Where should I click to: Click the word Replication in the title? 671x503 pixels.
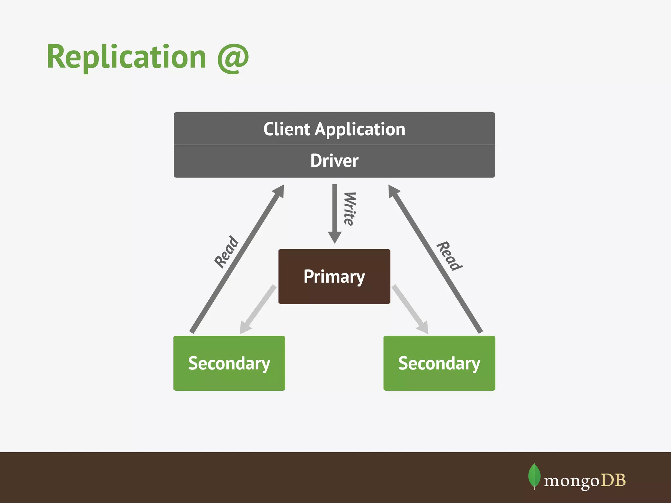(126, 57)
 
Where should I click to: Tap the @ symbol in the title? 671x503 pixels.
(233, 58)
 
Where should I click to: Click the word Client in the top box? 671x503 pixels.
(286, 129)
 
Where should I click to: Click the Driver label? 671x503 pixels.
(334, 161)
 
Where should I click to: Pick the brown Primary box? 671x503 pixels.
(334, 276)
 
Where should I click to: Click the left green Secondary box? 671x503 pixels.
(229, 363)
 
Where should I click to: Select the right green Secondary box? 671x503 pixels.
(439, 363)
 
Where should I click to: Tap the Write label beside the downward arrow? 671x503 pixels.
(350, 209)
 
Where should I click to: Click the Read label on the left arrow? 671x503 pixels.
(226, 251)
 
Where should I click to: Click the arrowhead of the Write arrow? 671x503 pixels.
(335, 237)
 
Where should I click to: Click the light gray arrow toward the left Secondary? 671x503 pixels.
(257, 309)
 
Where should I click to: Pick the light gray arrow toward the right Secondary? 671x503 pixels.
(411, 309)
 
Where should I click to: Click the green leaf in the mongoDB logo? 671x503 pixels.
(534, 476)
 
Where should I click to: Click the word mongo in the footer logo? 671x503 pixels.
(571, 481)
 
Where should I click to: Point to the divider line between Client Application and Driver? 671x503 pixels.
(334, 145)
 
